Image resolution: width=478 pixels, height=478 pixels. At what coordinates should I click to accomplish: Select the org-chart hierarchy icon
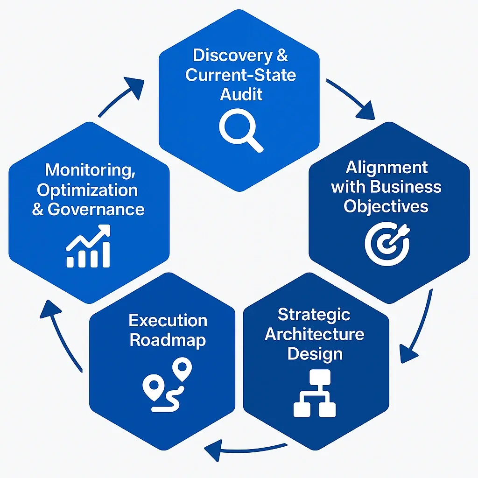tap(315, 393)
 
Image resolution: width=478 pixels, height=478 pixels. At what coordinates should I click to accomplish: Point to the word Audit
tap(241, 94)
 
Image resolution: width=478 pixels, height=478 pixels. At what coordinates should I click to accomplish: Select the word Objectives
tap(386, 206)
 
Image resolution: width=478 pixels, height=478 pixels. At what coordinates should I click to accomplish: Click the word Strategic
tap(314, 314)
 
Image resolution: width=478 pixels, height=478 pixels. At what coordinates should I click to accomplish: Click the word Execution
tap(168, 320)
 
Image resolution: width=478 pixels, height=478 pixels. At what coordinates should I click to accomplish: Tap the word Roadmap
tap(168, 340)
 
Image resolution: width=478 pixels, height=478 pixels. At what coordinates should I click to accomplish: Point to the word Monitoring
tap(90, 169)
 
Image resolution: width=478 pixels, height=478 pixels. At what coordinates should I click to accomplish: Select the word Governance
tap(96, 209)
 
